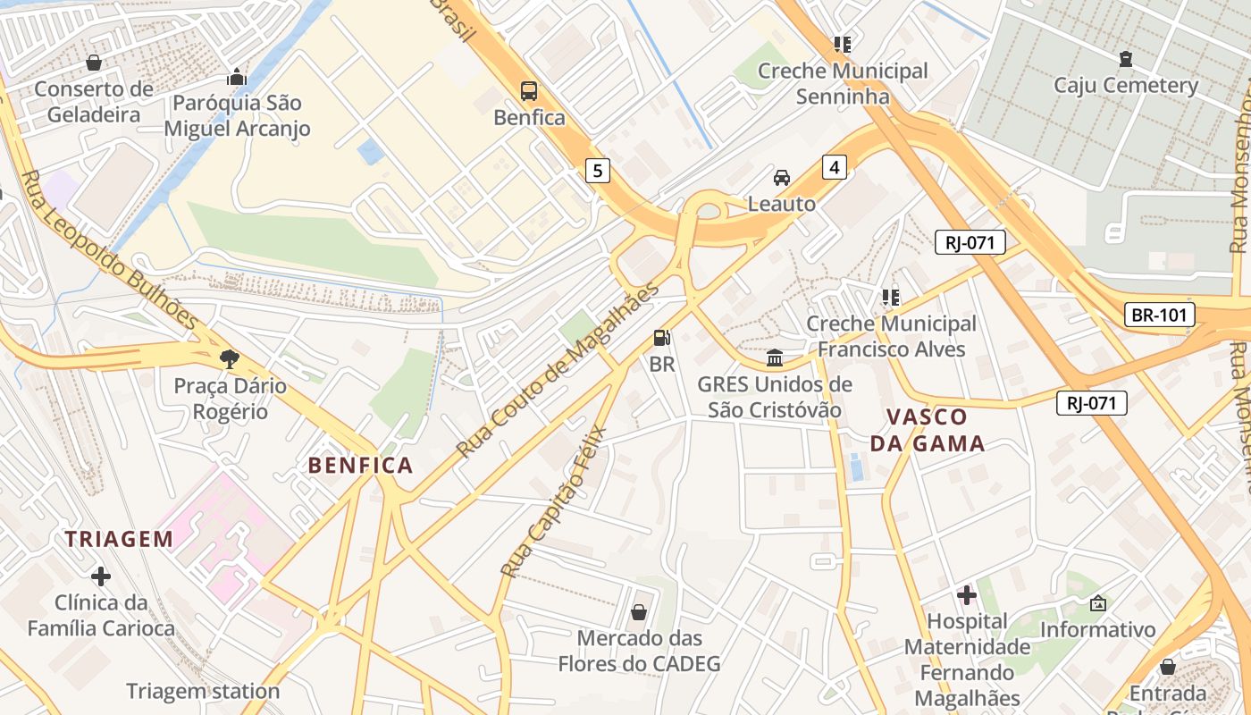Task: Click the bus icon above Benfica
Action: coord(529,90)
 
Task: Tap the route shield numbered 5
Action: coord(598,170)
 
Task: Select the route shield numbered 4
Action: coord(834,166)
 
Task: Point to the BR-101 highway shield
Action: coord(1159,315)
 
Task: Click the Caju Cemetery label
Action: coord(1125,86)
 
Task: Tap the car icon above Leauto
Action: coord(782,177)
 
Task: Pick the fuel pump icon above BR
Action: coord(662,338)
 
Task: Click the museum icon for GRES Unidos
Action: coord(775,358)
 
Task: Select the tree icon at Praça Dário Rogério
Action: coord(231,359)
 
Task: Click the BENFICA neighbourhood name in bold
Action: coord(361,465)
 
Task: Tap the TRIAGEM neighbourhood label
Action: coord(119,539)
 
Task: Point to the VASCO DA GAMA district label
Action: coord(928,430)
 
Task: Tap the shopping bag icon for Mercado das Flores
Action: coord(639,612)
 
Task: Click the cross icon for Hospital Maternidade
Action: coord(967,594)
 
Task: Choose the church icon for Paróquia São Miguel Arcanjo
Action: coord(237,77)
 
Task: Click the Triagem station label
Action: coord(203,691)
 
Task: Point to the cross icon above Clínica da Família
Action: coord(101,576)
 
